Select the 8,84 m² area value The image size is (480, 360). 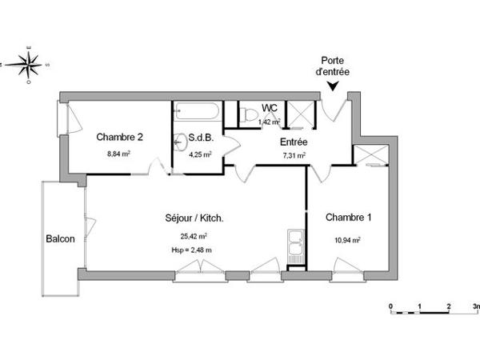[x=119, y=154]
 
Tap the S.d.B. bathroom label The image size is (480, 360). [x=200, y=138]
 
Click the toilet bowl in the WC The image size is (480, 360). [x=250, y=117]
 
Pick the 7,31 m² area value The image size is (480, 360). [x=294, y=156]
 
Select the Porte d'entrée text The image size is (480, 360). [x=334, y=66]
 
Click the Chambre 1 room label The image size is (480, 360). [x=348, y=217]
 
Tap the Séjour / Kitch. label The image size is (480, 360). [x=194, y=218]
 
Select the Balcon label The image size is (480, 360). [x=60, y=238]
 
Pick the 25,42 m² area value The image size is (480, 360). [x=194, y=237]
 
